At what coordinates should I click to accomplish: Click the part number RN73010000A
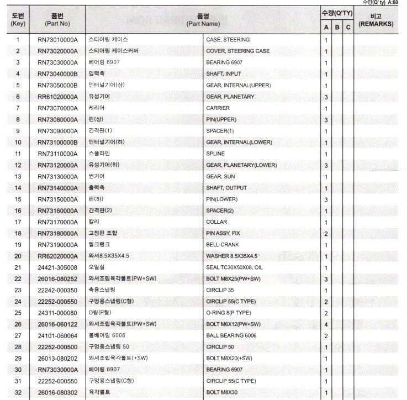[x=57, y=40]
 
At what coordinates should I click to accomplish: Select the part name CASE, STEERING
[x=228, y=40]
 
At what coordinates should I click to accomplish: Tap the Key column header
[x=18, y=20]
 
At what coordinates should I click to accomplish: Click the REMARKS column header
[x=376, y=20]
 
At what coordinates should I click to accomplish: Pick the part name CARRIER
[x=218, y=108]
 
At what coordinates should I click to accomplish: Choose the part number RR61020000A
[x=57, y=97]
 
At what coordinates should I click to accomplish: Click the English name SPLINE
[x=215, y=154]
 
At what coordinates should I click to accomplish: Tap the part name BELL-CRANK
[x=223, y=244]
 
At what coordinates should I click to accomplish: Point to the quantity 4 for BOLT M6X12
[x=326, y=324]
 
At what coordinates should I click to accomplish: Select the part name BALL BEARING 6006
[x=232, y=335]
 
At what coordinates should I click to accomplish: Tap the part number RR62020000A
[x=57, y=256]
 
